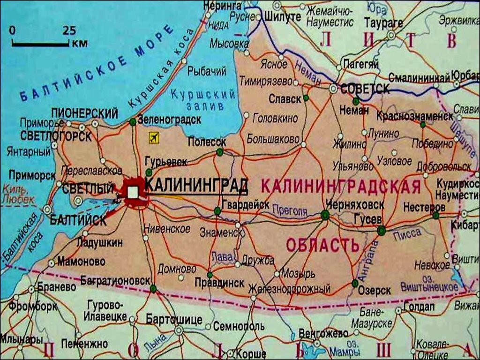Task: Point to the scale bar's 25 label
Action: pos(69,31)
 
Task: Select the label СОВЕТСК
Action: pos(365,89)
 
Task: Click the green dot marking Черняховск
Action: pos(325,215)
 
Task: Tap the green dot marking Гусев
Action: pos(381,230)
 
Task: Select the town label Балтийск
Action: pos(78,220)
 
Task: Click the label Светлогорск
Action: pos(56,136)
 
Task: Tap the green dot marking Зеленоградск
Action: pos(133,122)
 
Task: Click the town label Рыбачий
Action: pos(207,71)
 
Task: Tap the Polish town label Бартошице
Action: pos(174,320)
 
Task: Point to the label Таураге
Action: pos(383,22)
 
